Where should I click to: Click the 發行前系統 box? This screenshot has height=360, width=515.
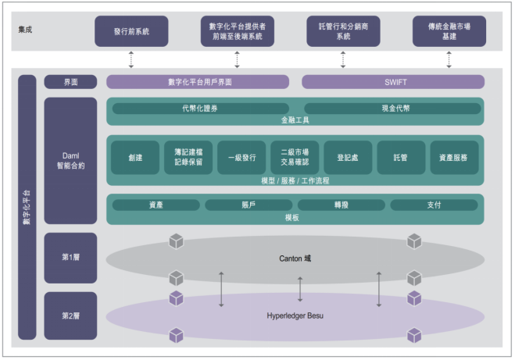pyautogui.click(x=131, y=31)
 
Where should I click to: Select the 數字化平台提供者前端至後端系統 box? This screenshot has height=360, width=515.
pyautogui.click(x=237, y=31)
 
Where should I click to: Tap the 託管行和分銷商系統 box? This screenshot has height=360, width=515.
pyautogui.click(x=343, y=31)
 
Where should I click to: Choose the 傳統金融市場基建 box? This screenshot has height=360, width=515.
pyautogui.click(x=449, y=31)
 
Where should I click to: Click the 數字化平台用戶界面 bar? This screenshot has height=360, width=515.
pyautogui.click(x=198, y=82)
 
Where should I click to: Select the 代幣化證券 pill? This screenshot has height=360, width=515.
pyautogui.click(x=200, y=109)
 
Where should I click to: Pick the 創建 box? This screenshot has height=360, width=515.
pyautogui.click(x=135, y=158)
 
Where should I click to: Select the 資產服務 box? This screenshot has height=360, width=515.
pyautogui.click(x=454, y=158)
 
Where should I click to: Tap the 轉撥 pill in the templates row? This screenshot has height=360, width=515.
pyautogui.click(x=341, y=205)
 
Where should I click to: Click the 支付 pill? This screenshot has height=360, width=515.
pyautogui.click(x=434, y=205)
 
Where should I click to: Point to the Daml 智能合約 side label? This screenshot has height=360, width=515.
pyautogui.click(x=70, y=161)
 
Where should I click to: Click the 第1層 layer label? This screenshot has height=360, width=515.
pyautogui.click(x=70, y=258)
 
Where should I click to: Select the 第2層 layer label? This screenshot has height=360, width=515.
pyautogui.click(x=70, y=315)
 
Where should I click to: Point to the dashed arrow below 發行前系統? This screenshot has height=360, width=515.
pyautogui.click(x=131, y=59)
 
